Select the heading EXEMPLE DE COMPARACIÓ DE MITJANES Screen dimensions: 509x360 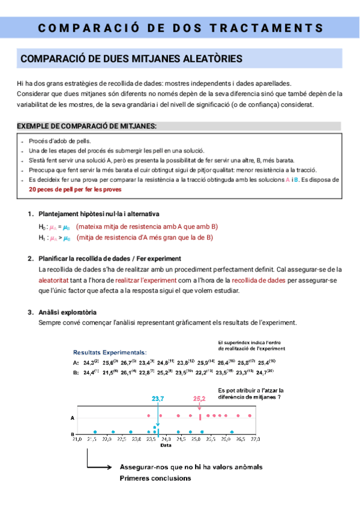[86, 126]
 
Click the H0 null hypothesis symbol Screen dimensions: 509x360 [41, 226]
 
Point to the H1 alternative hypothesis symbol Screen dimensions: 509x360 [41, 237]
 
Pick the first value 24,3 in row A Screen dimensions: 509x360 [90, 363]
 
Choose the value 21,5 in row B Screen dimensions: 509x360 [109, 373]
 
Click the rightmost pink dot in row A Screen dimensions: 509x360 [250, 415]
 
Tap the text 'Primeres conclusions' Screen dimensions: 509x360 [155, 478]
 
